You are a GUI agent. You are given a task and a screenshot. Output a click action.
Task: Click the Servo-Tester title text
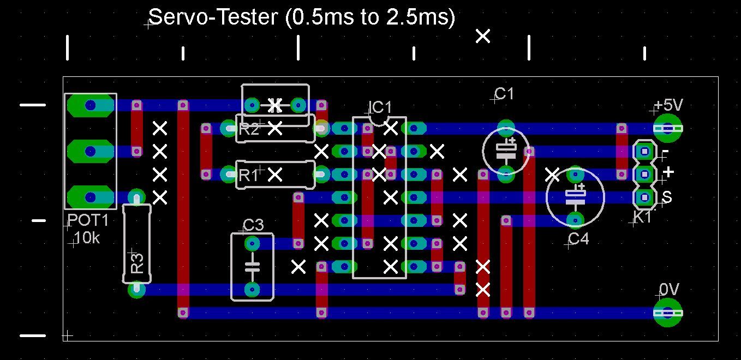pyautogui.click(x=302, y=17)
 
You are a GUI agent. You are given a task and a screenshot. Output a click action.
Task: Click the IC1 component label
pyautogui.click(x=380, y=107)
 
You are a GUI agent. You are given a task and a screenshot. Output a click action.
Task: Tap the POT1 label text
pyautogui.click(x=88, y=221)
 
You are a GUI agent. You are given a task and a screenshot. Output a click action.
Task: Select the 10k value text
pyautogui.click(x=87, y=238)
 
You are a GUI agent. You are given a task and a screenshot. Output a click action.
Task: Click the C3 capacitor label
pyautogui.click(x=253, y=225)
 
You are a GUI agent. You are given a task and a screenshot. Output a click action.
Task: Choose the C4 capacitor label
pyautogui.click(x=578, y=239)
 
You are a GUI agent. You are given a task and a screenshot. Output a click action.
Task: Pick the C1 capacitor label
pyautogui.click(x=504, y=94)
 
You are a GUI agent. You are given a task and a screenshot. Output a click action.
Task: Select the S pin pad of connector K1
pyautogui.click(x=644, y=197)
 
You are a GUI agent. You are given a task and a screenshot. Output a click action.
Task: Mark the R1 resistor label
pyautogui.click(x=248, y=176)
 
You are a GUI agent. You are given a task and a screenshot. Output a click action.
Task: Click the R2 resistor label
pyautogui.click(x=249, y=129)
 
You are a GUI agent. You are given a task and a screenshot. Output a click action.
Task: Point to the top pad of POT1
pyautogui.click(x=91, y=105)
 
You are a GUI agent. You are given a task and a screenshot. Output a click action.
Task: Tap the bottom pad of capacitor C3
pyautogui.click(x=252, y=289)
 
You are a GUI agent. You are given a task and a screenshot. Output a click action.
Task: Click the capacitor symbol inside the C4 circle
pyautogui.click(x=575, y=196)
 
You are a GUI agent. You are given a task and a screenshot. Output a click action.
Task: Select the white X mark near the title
pyautogui.click(x=483, y=36)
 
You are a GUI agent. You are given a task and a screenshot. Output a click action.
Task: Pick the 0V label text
pyautogui.click(x=669, y=289)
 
